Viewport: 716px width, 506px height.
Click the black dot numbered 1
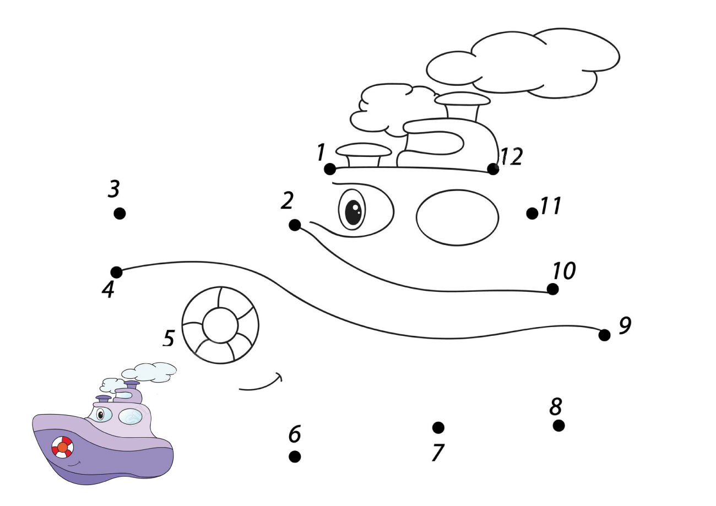[x=330, y=168]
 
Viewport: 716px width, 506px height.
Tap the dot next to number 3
[x=120, y=213]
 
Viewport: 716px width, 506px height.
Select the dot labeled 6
[x=295, y=456]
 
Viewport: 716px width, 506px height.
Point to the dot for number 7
[x=438, y=427]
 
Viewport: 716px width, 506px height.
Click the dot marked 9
[x=604, y=335]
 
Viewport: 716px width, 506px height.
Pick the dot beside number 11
[x=532, y=213]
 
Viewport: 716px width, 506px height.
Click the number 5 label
[x=169, y=338]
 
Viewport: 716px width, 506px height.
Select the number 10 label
[x=564, y=270]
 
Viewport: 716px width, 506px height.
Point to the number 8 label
[x=556, y=407]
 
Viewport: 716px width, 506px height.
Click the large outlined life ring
[x=220, y=325]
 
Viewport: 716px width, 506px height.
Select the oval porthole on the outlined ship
[x=457, y=217]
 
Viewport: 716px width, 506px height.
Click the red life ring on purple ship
[x=62, y=447]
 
